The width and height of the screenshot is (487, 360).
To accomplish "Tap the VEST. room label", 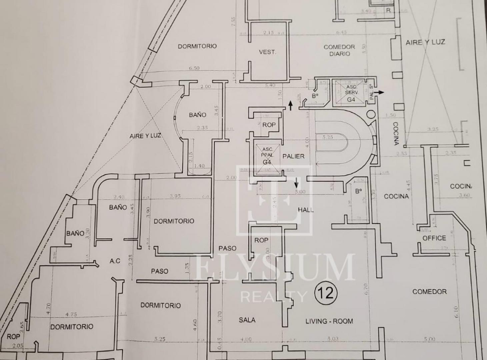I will tap(267, 52).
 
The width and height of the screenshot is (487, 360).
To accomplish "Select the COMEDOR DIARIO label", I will tap(339, 50).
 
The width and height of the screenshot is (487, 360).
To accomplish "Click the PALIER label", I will tap(293, 156).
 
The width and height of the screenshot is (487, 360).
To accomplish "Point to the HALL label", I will tap(306, 210).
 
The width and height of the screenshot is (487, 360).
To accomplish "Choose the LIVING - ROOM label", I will tap(329, 321).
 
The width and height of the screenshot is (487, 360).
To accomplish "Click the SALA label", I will tap(247, 320).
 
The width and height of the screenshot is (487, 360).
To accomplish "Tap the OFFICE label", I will tap(434, 238).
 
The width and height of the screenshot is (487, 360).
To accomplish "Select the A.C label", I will tap(115, 261).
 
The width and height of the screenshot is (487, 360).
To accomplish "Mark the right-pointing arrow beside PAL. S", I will tap(379, 92).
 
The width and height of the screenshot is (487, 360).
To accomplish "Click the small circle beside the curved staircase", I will tap(371, 114).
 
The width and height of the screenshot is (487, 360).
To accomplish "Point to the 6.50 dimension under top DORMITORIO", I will tap(194, 68).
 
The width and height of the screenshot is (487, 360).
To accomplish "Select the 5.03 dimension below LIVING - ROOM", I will tap(332, 339).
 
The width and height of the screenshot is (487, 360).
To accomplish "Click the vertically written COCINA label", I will tap(395, 133).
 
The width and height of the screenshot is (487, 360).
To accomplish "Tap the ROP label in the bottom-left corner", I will tap(13, 337).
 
